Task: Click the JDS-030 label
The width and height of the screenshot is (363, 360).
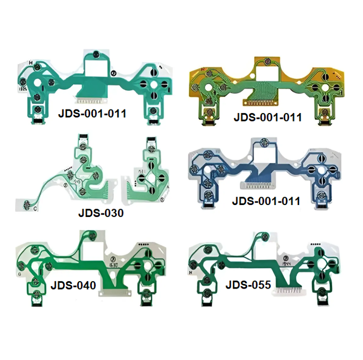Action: click(101, 213)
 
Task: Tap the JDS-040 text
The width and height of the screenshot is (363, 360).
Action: click(73, 285)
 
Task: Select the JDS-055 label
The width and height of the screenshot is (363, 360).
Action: click(248, 284)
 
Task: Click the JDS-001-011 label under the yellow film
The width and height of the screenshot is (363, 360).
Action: click(268, 117)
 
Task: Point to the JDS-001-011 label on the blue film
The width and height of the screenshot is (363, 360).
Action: click(266, 201)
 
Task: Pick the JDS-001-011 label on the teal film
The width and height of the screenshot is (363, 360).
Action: click(92, 114)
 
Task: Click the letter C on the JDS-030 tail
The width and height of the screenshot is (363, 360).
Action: click(35, 208)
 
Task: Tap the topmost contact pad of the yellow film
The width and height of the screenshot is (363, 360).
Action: click(267, 61)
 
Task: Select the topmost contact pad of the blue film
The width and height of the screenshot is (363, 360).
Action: click(264, 141)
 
